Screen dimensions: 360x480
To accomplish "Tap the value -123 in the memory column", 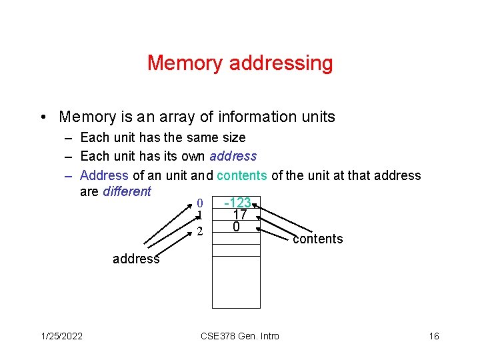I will tap(237, 203).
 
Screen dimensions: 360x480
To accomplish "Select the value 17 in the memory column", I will tap(239, 215).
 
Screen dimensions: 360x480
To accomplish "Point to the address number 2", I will tap(199, 231).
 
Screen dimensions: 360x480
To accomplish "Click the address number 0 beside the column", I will tap(199, 203).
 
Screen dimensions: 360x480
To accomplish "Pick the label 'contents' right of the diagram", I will tap(317, 239).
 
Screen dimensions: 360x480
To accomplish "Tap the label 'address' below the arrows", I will tap(136, 259).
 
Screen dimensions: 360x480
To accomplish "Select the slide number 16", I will tap(434, 336).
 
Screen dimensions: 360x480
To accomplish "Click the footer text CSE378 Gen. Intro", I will tap(240, 336).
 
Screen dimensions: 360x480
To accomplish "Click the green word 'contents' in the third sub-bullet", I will tap(242, 175).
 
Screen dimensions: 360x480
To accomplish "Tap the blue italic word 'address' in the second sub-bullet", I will tap(233, 157).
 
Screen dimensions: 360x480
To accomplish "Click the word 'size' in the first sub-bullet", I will tap(233, 138).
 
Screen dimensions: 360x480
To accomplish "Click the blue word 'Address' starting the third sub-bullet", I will tap(104, 175).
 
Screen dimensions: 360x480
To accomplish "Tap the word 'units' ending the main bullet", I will tap(318, 117).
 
